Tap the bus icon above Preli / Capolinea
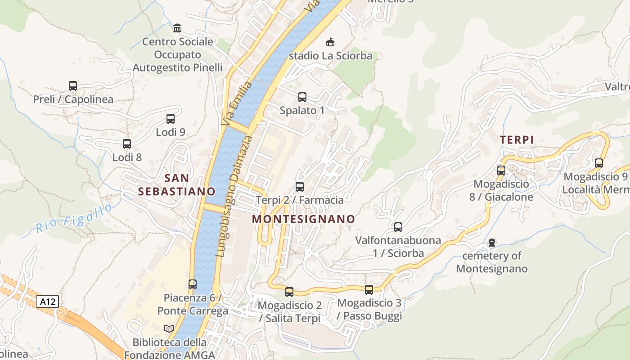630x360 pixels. pyautogui.click(x=73, y=85)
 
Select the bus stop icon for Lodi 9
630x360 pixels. pyautogui.click(x=171, y=119)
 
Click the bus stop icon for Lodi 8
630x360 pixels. pyautogui.click(x=127, y=144)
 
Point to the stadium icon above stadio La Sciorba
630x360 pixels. pyautogui.click(x=330, y=42)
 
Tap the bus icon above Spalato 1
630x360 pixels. pyautogui.click(x=302, y=97)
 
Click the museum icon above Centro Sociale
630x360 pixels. pyautogui.click(x=177, y=28)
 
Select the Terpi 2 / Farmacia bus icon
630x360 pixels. pyautogui.click(x=300, y=186)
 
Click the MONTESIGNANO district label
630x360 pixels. pyautogui.click(x=303, y=219)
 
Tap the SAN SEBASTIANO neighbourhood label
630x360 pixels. pyautogui.click(x=176, y=185)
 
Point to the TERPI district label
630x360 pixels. pyautogui.click(x=517, y=140)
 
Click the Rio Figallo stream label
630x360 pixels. pyautogui.click(x=74, y=219)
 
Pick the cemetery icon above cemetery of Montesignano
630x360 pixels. pyautogui.click(x=492, y=243)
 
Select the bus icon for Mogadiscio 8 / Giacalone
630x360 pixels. pyautogui.click(x=501, y=171)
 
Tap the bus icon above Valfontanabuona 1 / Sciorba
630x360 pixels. pyautogui.click(x=398, y=227)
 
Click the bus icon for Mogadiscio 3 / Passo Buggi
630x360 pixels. pyautogui.click(x=369, y=289)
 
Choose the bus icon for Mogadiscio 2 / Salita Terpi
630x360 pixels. pyautogui.click(x=289, y=292)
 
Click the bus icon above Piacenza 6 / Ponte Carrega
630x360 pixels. pyautogui.click(x=193, y=284)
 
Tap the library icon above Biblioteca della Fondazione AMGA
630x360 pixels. pyautogui.click(x=169, y=329)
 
